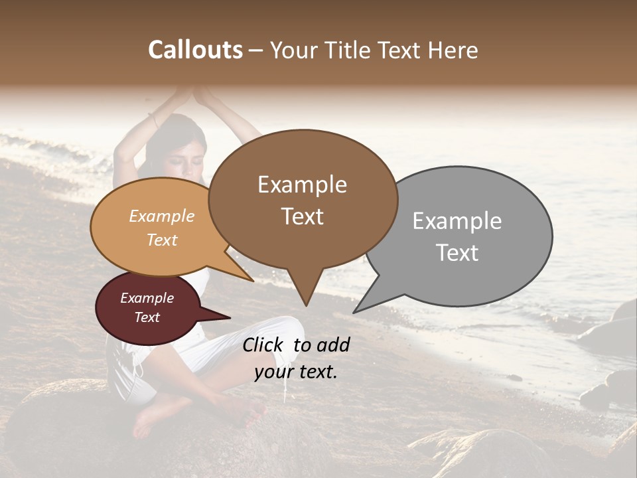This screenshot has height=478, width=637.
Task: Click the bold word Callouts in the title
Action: pyautogui.click(x=195, y=50)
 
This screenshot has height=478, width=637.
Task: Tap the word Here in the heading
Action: pyautogui.click(x=453, y=50)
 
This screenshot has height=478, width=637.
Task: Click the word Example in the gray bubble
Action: pyautogui.click(x=457, y=221)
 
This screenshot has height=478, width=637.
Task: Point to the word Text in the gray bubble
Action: pyautogui.click(x=457, y=253)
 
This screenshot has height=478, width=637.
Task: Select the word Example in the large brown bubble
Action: pyautogui.click(x=302, y=185)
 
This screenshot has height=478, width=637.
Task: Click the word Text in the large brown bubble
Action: pyautogui.click(x=303, y=216)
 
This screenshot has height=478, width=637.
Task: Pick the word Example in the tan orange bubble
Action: pyautogui.click(x=162, y=216)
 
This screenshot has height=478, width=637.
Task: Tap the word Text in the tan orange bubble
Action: pyautogui.click(x=162, y=240)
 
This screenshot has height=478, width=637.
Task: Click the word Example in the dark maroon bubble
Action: pyautogui.click(x=147, y=298)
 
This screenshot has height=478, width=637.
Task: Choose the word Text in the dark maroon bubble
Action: pyautogui.click(x=147, y=317)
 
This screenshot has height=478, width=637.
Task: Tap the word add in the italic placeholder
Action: pyautogui.click(x=333, y=345)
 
